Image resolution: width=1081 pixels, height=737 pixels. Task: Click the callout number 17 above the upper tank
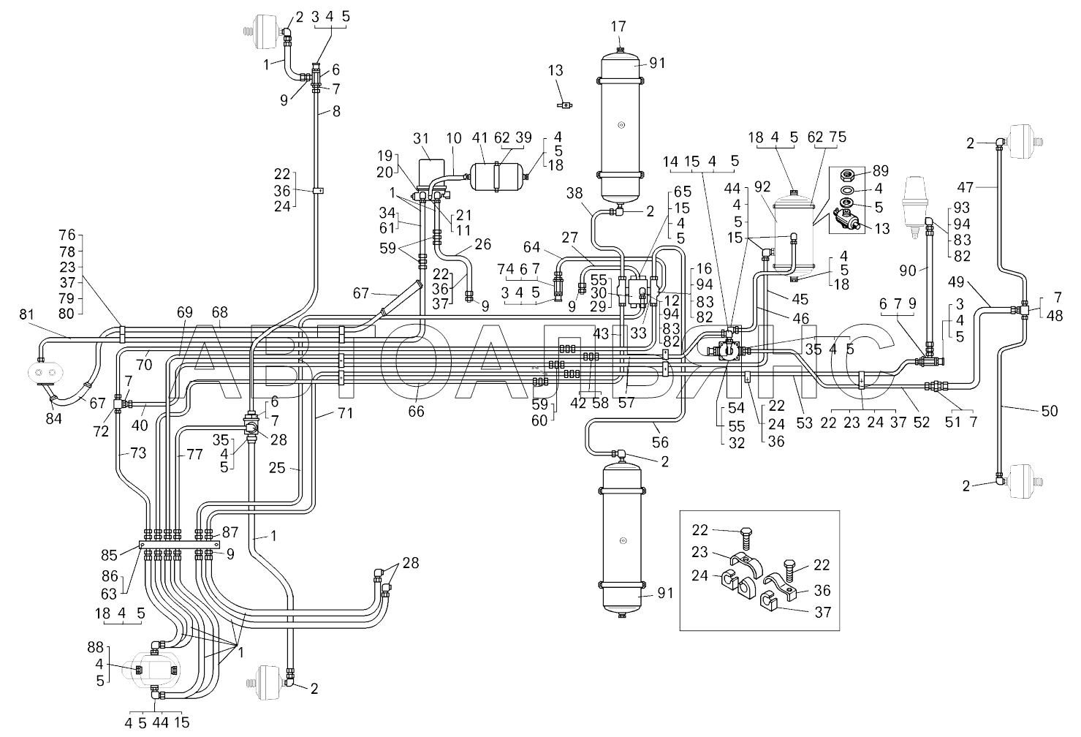point(618,26)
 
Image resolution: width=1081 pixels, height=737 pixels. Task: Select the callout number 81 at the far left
point(26,314)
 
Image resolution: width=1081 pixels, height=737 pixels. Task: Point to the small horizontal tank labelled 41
point(496,176)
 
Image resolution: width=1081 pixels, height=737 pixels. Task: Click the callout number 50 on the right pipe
point(1050,411)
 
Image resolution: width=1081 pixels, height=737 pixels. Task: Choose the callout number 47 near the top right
point(966,186)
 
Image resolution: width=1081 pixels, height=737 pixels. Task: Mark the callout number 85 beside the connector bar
point(109,555)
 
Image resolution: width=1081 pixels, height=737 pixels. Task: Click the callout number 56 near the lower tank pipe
point(660,442)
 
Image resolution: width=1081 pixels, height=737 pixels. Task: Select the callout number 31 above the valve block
point(421,138)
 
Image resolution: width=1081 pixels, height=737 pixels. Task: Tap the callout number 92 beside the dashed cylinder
point(762,186)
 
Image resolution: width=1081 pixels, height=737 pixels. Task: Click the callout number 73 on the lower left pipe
point(138,453)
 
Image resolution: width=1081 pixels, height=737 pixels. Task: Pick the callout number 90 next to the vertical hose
point(907,271)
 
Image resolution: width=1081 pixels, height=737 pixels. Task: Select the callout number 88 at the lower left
point(96,647)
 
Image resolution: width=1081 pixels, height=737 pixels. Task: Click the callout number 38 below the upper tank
point(574,193)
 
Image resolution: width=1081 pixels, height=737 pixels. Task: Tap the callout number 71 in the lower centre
point(345,413)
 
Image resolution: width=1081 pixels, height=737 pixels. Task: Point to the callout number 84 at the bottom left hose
point(53,418)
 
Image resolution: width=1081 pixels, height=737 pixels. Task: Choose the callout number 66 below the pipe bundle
point(416,411)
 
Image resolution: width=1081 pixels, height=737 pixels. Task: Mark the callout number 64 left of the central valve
point(532,247)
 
